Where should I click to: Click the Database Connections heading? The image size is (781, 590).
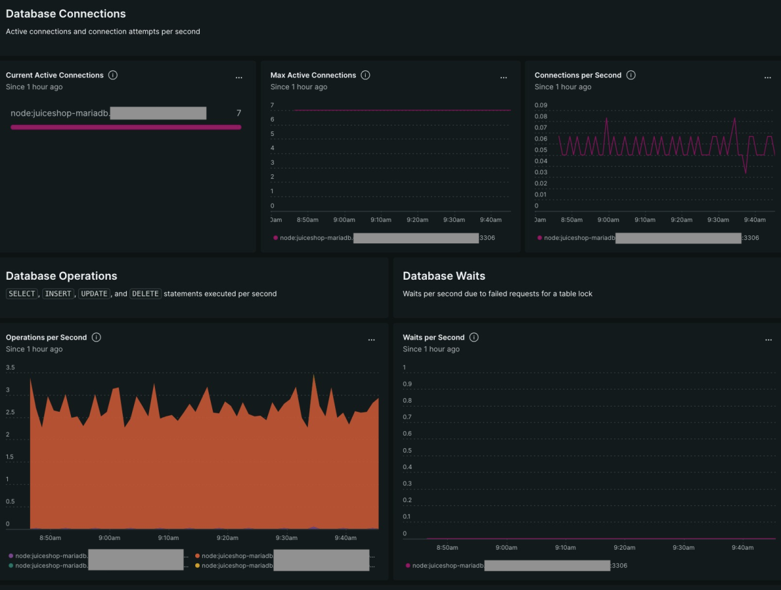[66, 14]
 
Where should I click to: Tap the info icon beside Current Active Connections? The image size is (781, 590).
[113, 75]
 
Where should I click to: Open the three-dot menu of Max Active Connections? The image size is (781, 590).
[503, 77]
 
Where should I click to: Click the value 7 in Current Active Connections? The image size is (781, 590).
[238, 113]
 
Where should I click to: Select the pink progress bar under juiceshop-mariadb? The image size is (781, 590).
[126, 127]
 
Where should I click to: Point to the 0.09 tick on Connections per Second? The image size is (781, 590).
[541, 105]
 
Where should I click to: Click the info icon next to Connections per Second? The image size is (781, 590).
[631, 75]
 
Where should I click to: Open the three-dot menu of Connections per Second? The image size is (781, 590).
[768, 77]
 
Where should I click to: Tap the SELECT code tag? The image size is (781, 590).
[22, 294]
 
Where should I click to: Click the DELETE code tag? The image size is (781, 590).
[145, 294]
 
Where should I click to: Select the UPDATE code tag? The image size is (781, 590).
[94, 294]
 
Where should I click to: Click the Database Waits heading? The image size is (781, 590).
[444, 276]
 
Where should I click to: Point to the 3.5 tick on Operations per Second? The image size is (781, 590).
[10, 368]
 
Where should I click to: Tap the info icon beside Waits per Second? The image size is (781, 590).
[474, 337]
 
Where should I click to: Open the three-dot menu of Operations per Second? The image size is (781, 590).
[371, 340]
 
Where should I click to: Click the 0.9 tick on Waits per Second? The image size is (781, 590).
[407, 384]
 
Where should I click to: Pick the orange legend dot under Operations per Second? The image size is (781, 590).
[197, 556]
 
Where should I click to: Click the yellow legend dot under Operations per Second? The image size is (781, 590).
[197, 566]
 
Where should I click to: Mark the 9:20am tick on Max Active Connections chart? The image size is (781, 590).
[417, 220]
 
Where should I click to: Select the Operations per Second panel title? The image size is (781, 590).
[46, 338]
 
